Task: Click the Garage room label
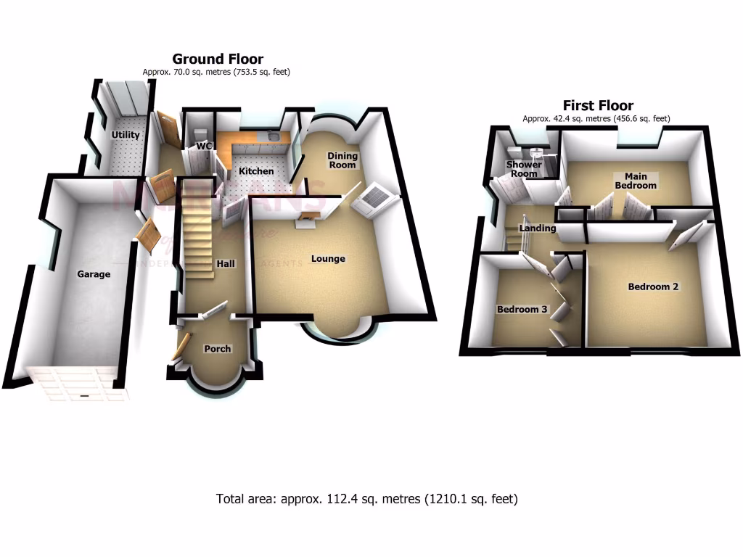94,274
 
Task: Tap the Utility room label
125,135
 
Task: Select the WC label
205,147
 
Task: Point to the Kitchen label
257,171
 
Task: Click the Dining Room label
342,160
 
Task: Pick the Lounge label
328,259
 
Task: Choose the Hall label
226,264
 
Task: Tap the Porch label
217,349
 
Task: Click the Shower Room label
523,169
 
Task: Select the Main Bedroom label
636,181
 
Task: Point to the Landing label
537,228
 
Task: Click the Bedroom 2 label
653,286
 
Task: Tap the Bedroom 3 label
522,310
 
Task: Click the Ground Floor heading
217,59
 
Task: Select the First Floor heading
598,105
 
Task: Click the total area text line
366,499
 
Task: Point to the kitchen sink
271,136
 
